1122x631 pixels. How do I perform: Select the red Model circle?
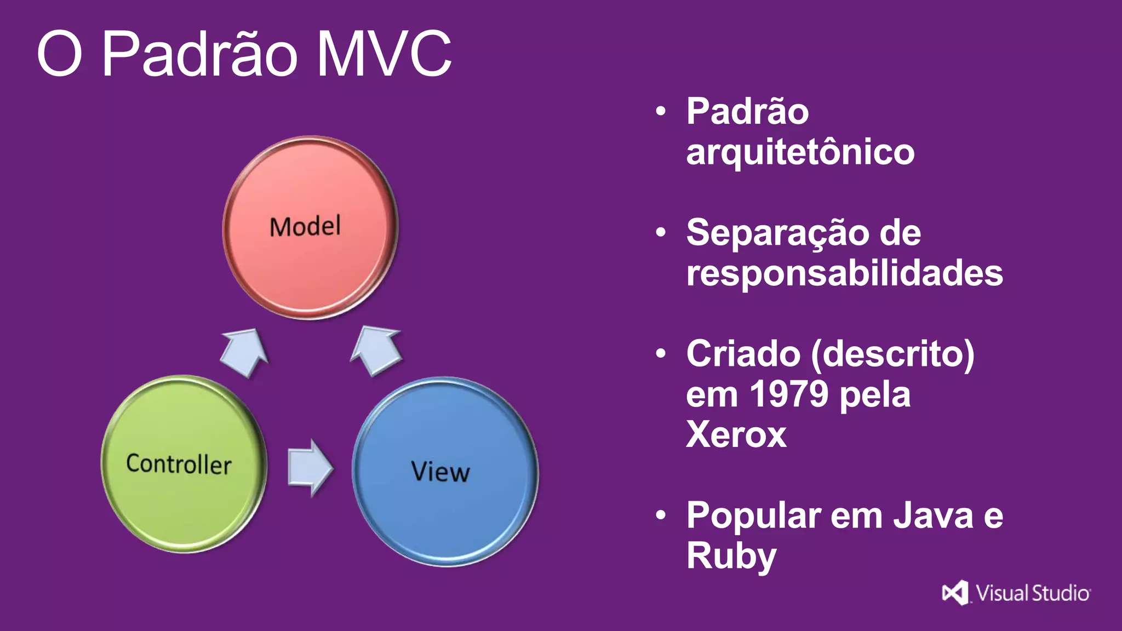click(310, 227)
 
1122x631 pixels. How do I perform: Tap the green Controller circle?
click(183, 464)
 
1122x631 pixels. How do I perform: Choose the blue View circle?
click(445, 472)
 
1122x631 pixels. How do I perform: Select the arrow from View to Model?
click(376, 351)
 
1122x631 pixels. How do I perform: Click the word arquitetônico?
click(800, 152)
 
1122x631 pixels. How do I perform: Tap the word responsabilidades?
click(844, 273)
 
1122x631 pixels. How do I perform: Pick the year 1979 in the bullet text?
click(788, 394)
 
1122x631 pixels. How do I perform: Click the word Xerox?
click(736, 434)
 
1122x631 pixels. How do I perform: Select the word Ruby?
click(731, 556)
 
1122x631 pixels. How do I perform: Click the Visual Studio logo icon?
click(955, 593)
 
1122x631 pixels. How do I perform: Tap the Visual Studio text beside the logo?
click(1033, 593)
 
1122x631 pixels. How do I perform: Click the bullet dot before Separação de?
click(661, 233)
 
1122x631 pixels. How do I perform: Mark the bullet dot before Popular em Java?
click(661, 515)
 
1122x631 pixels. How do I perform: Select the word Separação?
click(777, 233)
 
